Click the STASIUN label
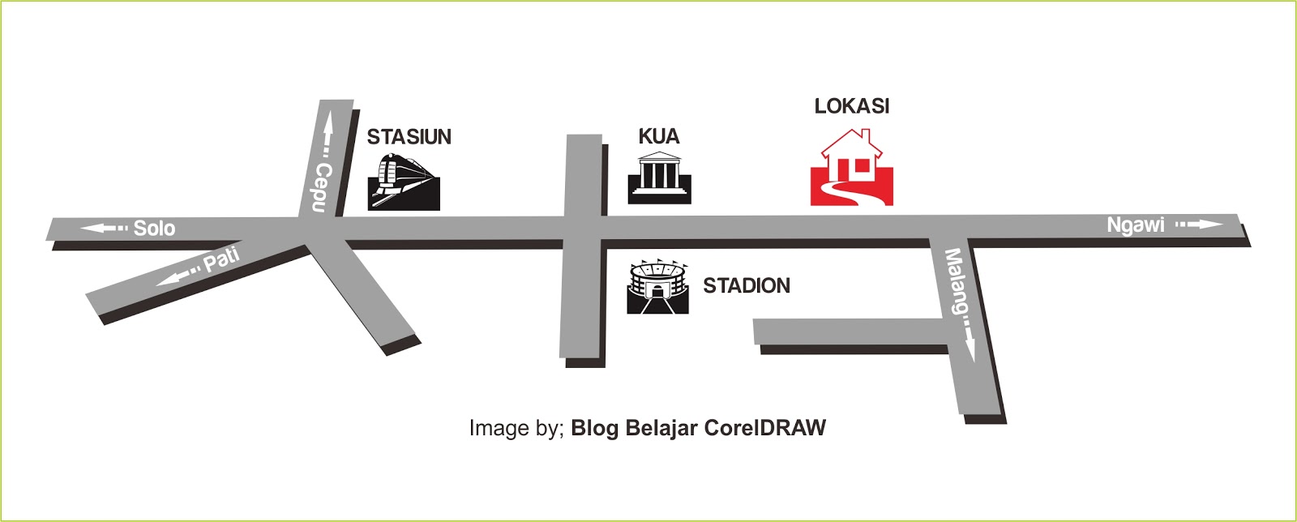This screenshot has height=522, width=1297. point(409,137)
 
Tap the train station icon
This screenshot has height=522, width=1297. point(404,182)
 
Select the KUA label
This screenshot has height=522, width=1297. point(658,136)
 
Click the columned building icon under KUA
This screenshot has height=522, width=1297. point(659,178)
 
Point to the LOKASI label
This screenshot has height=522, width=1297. point(851,106)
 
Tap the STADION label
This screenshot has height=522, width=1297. point(746,285)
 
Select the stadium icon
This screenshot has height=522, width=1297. point(657,286)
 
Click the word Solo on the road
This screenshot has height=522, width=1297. point(154,228)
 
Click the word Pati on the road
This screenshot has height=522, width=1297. point(221,260)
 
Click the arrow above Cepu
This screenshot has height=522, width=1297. point(327,134)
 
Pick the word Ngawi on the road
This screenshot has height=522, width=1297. point(1135,225)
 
